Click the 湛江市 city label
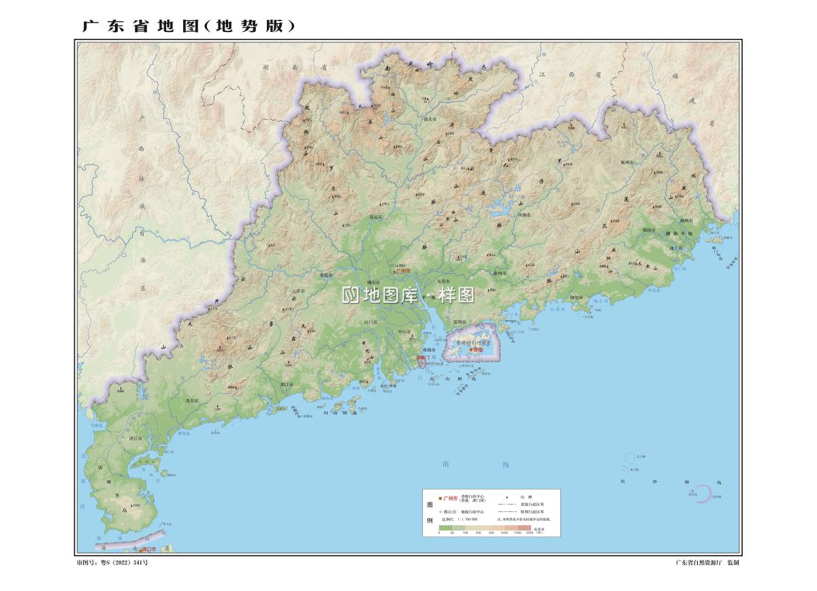click(x=135, y=439)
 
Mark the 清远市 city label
click(x=376, y=218)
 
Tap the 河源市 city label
click(x=524, y=215)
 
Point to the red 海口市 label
click(x=148, y=549)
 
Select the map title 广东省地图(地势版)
click(x=189, y=27)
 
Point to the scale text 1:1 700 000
click(x=464, y=519)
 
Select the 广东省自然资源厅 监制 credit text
click(x=707, y=562)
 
